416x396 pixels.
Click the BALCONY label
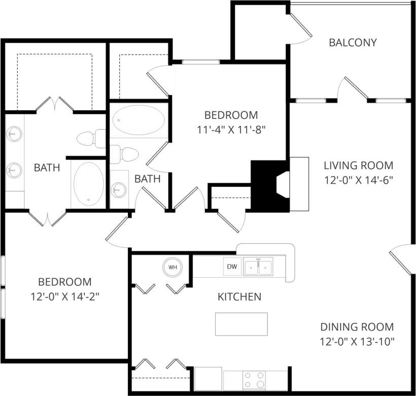353,43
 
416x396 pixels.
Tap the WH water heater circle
172,267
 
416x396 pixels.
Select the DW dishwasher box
232,267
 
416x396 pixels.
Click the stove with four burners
255,379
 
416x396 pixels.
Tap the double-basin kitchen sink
258,266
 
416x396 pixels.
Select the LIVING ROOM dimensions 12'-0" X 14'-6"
359,179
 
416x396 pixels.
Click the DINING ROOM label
357,327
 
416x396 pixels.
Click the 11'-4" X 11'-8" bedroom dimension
231,129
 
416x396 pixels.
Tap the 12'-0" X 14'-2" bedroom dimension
65,296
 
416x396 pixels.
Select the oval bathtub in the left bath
89,184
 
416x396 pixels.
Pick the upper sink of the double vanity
14,134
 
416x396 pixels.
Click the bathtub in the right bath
138,121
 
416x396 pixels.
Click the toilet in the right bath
125,153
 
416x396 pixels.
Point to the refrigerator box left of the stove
209,379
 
